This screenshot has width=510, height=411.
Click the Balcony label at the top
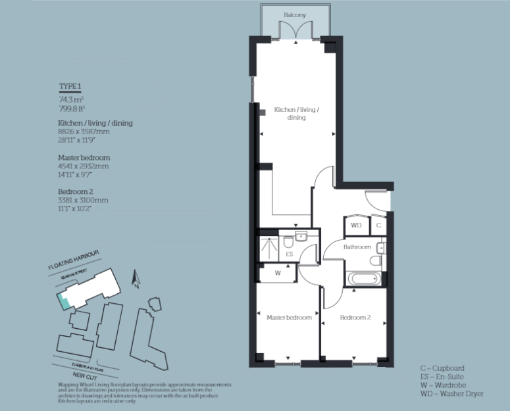(x=294, y=14)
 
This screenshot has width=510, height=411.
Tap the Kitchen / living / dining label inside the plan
(x=296, y=113)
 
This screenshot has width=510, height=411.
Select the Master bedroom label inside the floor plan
(x=289, y=318)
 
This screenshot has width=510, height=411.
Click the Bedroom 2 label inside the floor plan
(x=355, y=318)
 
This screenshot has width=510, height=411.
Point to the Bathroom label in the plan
(x=358, y=247)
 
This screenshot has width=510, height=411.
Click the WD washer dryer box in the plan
(x=356, y=225)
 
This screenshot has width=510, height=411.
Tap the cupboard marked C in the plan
(x=378, y=225)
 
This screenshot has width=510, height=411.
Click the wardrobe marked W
(x=278, y=272)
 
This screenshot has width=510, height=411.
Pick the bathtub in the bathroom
(x=364, y=279)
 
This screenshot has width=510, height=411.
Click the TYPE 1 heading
(x=70, y=87)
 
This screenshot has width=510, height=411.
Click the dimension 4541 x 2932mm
(x=83, y=166)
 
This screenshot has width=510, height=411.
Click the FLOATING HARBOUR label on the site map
(x=73, y=260)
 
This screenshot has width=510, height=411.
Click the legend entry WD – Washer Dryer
(x=451, y=393)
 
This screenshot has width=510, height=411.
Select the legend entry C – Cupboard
(x=442, y=368)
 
